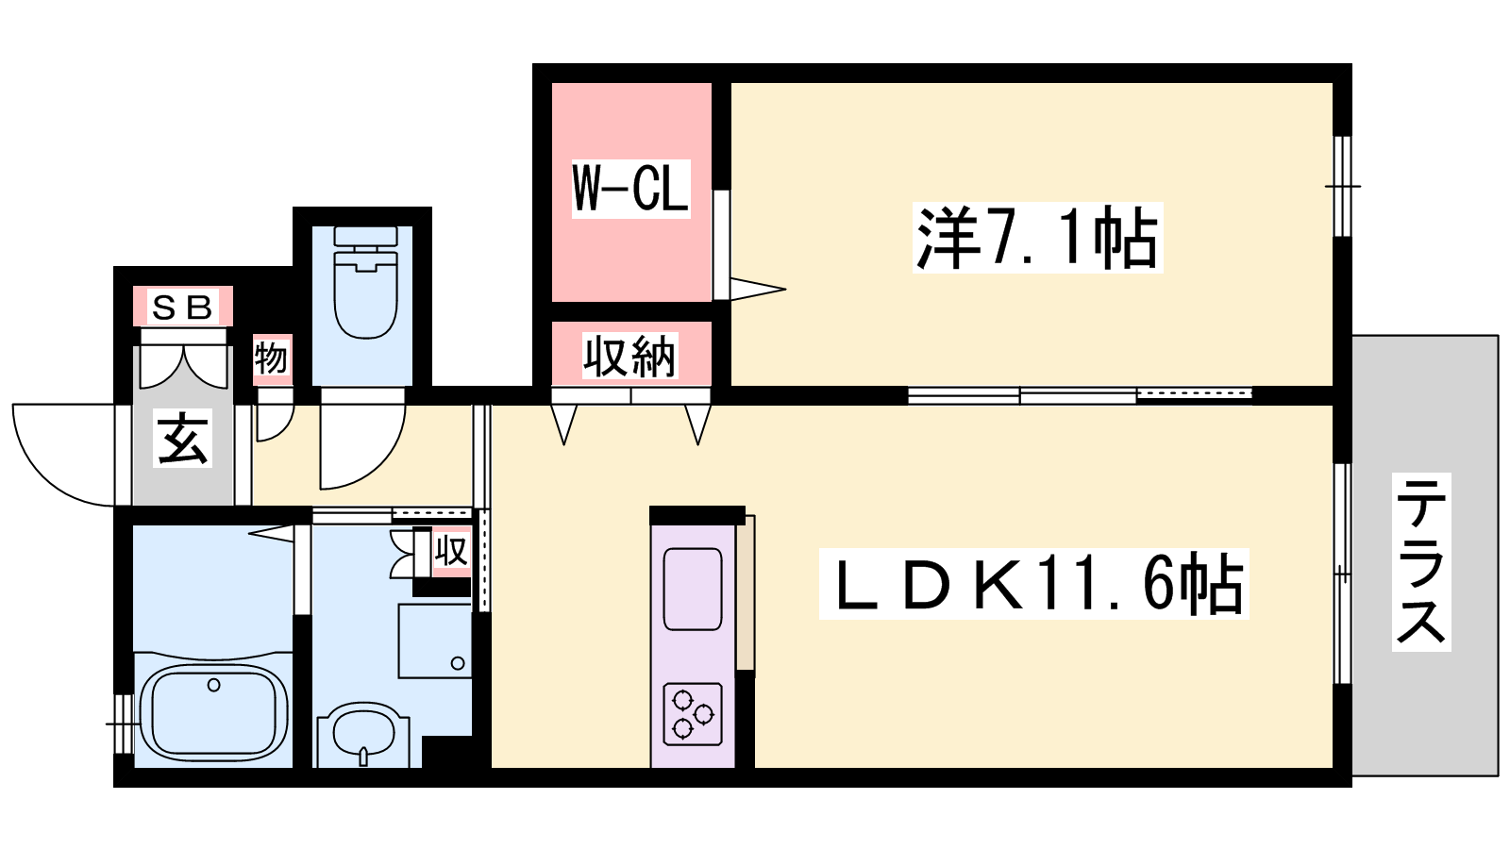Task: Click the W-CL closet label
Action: tap(631, 189)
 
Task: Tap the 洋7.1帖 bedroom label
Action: tap(1037, 237)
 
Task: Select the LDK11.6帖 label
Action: tap(1034, 584)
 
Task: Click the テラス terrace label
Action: tap(1421, 562)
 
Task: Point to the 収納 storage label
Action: tap(629, 356)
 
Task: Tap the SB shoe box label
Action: tap(183, 307)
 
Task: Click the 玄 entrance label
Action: tap(183, 438)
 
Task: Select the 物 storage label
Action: tap(271, 358)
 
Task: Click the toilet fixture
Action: tap(364, 283)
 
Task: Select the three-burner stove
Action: tap(693, 714)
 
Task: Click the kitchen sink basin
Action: tap(693, 589)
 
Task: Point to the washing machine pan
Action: tap(435, 641)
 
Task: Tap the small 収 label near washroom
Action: tap(450, 551)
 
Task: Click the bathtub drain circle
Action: tap(213, 685)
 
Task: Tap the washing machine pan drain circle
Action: tap(458, 663)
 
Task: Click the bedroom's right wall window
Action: tap(1342, 186)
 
